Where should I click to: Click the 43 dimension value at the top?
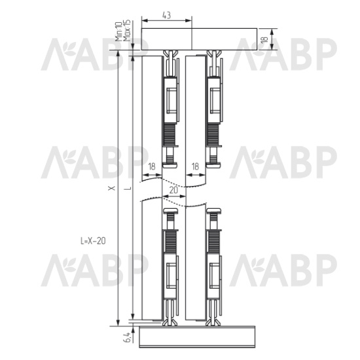(x=167, y=15)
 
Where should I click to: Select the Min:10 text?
(x=118, y=31)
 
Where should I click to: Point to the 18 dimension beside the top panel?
(x=264, y=39)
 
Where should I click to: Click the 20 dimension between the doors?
(x=173, y=190)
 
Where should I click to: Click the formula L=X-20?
(x=93, y=241)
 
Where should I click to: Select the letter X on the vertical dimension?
(x=112, y=189)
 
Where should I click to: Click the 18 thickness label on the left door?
(x=152, y=166)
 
